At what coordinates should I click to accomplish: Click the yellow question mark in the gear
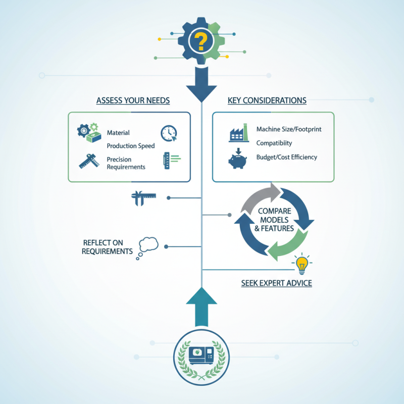pyautogui.click(x=201, y=41)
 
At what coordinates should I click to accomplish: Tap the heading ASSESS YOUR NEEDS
pyautogui.click(x=133, y=100)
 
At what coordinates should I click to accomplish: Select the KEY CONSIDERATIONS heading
pyautogui.click(x=267, y=100)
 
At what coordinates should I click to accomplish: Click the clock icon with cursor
pyautogui.click(x=169, y=133)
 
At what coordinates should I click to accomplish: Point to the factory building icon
pyautogui.click(x=239, y=133)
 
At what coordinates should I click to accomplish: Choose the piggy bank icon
pyautogui.click(x=238, y=160)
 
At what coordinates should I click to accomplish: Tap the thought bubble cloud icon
pyautogui.click(x=147, y=245)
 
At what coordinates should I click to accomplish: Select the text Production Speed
pyautogui.click(x=131, y=146)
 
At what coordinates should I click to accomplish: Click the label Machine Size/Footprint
pyautogui.click(x=289, y=129)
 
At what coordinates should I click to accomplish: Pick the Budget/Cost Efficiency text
pyautogui.click(x=287, y=157)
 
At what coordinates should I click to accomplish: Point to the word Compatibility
pyautogui.click(x=274, y=143)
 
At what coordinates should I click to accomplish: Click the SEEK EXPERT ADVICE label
pyautogui.click(x=276, y=283)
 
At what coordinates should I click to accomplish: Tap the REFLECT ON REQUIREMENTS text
pyautogui.click(x=107, y=247)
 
